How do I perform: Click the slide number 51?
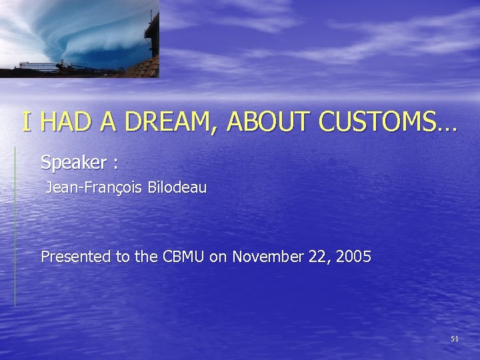[455, 339]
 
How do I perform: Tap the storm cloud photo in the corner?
[73, 37]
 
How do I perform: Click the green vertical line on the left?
[15, 227]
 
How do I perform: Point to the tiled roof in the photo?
[143, 67]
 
